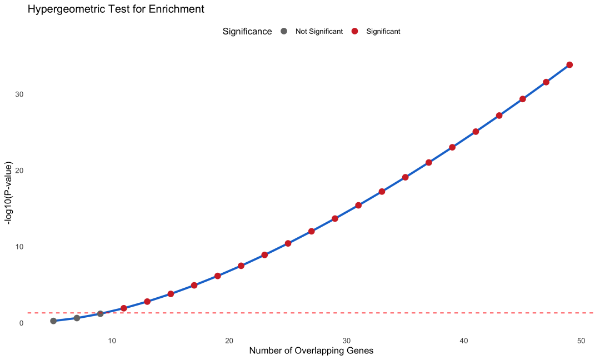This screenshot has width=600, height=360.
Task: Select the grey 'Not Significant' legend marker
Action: pyautogui.click(x=284, y=31)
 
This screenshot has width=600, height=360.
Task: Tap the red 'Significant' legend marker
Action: pyautogui.click(x=355, y=31)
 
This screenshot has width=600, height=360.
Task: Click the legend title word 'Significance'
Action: pyautogui.click(x=247, y=32)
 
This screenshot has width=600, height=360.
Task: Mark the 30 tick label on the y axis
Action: pyautogui.click(x=20, y=94)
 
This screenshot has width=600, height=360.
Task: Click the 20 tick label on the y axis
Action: pyautogui.click(x=20, y=171)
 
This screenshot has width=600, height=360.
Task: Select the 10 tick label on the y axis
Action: pyautogui.click(x=20, y=247)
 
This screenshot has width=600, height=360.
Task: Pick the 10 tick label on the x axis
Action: pyautogui.click(x=112, y=340)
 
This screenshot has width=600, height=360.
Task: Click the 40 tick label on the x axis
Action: pyautogui.click(x=464, y=340)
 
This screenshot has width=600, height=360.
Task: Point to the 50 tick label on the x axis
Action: pyautogui.click(x=581, y=340)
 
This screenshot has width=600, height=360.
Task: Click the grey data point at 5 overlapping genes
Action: pyautogui.click(x=53, y=321)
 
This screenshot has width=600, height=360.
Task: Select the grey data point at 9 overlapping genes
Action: pyautogui.click(x=101, y=314)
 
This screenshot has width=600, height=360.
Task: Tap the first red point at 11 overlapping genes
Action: pyautogui.click(x=124, y=308)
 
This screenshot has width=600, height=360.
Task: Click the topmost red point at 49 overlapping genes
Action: pyautogui.click(x=569, y=65)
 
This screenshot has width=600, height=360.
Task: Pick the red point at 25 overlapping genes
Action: pyautogui.click(x=288, y=243)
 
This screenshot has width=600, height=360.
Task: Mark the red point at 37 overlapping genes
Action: pyautogui.click(x=429, y=162)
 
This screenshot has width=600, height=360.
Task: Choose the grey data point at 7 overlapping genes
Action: pyautogui.click(x=77, y=318)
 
